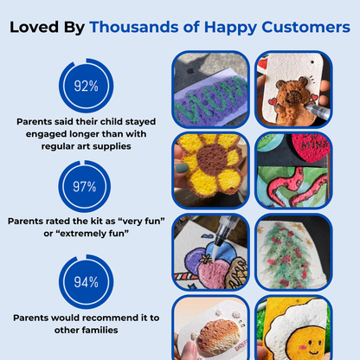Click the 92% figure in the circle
(x=86, y=86)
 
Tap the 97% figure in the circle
(x=84, y=187)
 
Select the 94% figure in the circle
(x=86, y=282)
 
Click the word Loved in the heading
(x=35, y=27)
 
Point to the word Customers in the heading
(x=305, y=27)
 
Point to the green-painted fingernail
(x=182, y=168)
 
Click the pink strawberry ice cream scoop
(x=211, y=273)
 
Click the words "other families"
(x=86, y=330)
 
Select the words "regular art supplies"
(x=86, y=146)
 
